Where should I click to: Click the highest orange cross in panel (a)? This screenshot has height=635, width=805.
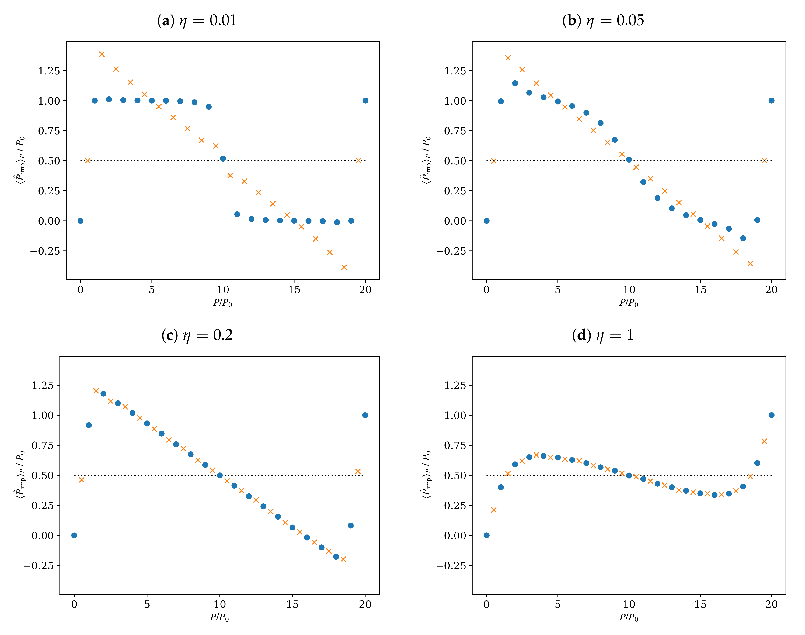click(x=102, y=54)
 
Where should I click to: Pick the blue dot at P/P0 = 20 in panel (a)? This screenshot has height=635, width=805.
click(x=365, y=100)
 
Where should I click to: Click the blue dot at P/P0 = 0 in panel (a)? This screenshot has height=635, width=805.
click(x=80, y=221)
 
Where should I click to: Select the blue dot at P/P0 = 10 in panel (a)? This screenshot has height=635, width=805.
click(x=223, y=159)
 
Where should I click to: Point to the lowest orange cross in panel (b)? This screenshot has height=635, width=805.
click(x=750, y=264)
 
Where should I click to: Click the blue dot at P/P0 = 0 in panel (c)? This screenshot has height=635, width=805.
click(x=74, y=535)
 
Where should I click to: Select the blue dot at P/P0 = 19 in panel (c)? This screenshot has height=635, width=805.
click(x=350, y=525)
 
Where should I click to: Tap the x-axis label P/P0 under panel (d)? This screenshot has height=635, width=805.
click(x=629, y=618)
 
